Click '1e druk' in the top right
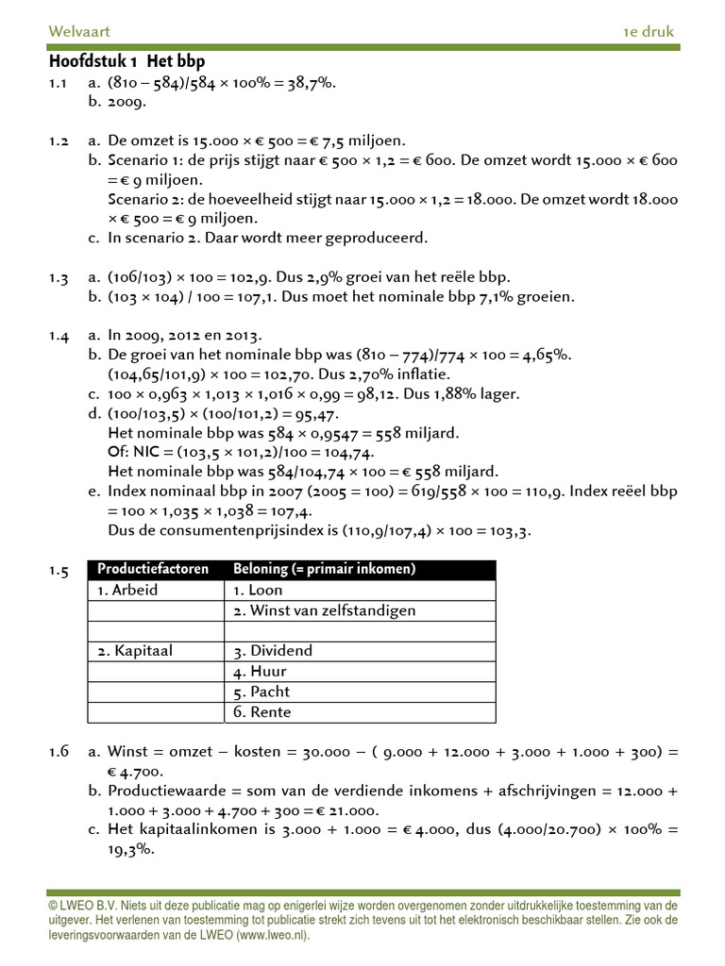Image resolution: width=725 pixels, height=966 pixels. pyautogui.click(x=649, y=32)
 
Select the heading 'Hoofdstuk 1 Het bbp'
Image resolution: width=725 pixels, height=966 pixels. pyautogui.click(x=126, y=62)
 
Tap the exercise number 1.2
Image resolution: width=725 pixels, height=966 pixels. pyautogui.click(x=59, y=141)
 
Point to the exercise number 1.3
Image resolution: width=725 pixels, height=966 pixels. pyautogui.click(x=59, y=277)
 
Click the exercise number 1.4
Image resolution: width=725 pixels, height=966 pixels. pyautogui.click(x=59, y=335)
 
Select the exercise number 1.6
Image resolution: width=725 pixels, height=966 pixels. pyautogui.click(x=59, y=752)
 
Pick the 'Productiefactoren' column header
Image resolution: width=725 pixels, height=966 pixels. pyautogui.click(x=149, y=569)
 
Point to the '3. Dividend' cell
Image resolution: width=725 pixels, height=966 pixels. pyautogui.click(x=273, y=651)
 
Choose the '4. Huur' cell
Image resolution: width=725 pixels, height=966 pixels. pyautogui.click(x=260, y=672)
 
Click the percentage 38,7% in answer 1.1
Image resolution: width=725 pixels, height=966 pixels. pyautogui.click(x=313, y=82)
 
